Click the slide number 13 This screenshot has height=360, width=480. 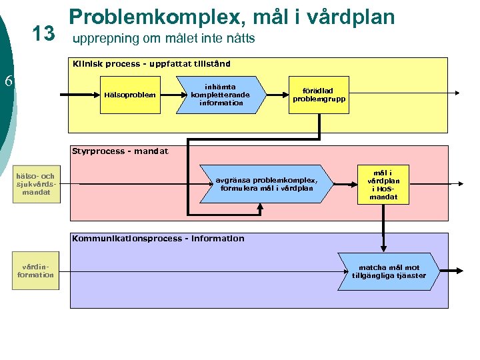[43, 34]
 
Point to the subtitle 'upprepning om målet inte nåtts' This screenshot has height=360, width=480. [163, 39]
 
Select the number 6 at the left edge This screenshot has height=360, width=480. [9, 81]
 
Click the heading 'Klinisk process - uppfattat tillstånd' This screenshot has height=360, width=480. [152, 64]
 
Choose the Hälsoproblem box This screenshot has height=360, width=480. [130, 95]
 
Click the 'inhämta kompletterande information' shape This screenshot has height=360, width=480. [220, 95]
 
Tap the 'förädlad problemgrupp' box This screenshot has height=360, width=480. [319, 95]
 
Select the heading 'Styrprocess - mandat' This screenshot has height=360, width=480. [120, 151]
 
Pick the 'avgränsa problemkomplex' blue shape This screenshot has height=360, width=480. [266, 183]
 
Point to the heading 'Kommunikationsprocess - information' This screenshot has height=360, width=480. [158, 239]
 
